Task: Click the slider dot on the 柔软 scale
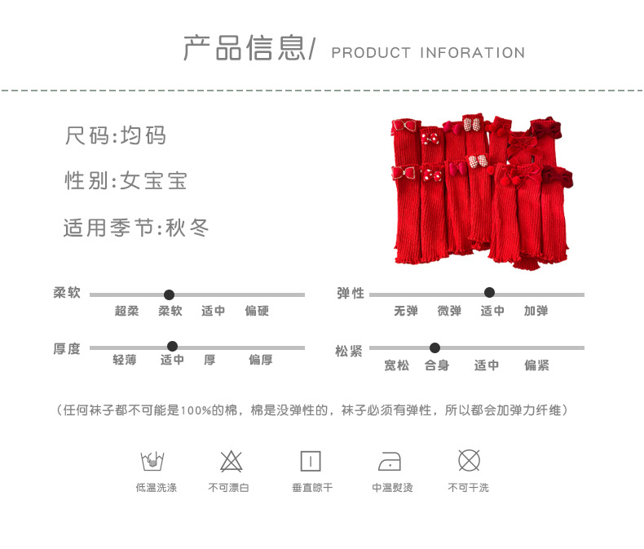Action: click(169, 294)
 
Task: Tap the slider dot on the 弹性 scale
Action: click(489, 292)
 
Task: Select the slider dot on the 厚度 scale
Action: click(172, 347)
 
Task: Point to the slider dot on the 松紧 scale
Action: click(434, 348)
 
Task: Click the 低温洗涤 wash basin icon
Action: click(151, 462)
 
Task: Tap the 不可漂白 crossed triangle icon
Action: click(231, 462)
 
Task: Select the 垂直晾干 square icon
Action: click(311, 462)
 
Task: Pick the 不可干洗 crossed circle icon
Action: click(469, 461)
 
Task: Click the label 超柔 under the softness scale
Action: click(126, 311)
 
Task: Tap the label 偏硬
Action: click(257, 311)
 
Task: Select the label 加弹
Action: click(536, 311)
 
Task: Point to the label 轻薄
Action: click(125, 360)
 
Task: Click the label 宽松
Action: click(397, 365)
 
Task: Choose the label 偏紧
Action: click(536, 365)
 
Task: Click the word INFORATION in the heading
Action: click(473, 53)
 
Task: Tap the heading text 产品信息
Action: click(244, 49)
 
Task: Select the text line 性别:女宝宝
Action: click(126, 180)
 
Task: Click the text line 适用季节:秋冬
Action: click(136, 228)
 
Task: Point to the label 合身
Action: click(437, 365)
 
